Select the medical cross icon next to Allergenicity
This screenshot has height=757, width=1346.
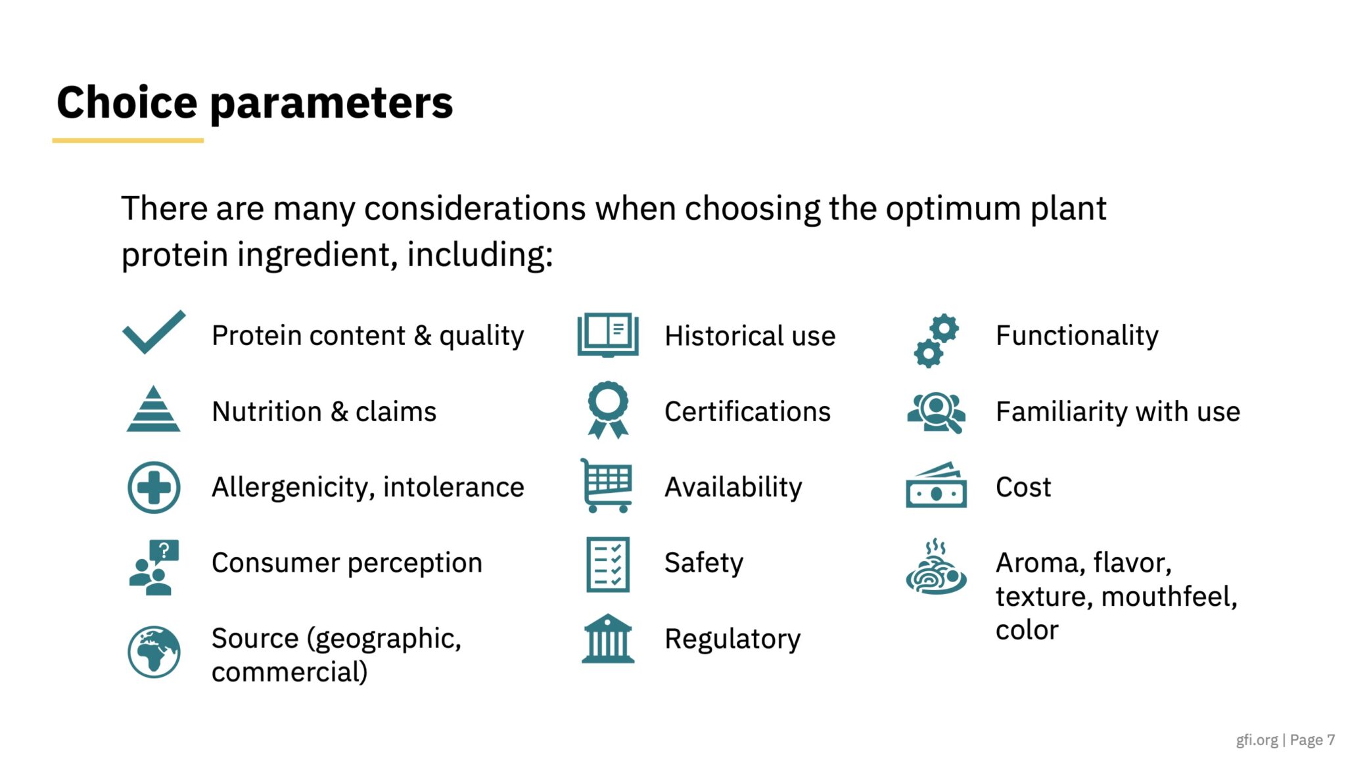pos(154,488)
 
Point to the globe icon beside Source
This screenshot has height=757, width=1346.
pos(154,652)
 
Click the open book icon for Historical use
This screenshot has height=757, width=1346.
pos(608,335)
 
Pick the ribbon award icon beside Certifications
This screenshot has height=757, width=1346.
pos(608,410)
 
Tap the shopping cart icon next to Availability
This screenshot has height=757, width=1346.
pos(606,486)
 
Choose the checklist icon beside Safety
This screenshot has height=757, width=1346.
pos(608,564)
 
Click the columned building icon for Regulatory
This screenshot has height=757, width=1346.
pos(608,639)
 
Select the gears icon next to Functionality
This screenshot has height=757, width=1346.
pos(937,340)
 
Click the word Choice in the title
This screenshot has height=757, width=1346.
pos(127,103)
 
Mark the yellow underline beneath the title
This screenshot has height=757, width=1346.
pos(128,140)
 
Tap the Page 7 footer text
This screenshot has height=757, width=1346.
pos(1312,740)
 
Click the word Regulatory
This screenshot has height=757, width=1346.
pos(733,639)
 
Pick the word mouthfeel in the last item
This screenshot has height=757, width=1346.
pos(1169,597)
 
